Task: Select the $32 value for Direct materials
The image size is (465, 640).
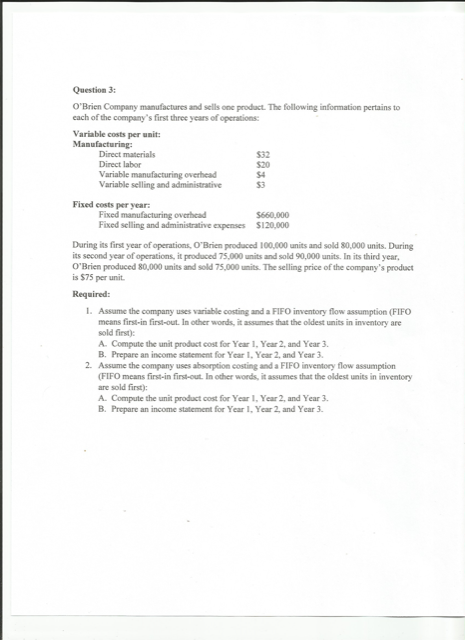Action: (x=264, y=155)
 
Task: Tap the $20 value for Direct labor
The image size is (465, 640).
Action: (x=264, y=165)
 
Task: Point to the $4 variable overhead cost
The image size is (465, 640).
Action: (x=262, y=174)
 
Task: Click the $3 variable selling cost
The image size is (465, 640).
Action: (x=261, y=184)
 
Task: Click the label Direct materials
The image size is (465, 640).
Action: (x=127, y=155)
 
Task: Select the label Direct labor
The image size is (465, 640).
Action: (x=119, y=165)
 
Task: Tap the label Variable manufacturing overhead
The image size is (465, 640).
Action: (x=151, y=174)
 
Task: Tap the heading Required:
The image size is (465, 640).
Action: (x=95, y=295)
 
